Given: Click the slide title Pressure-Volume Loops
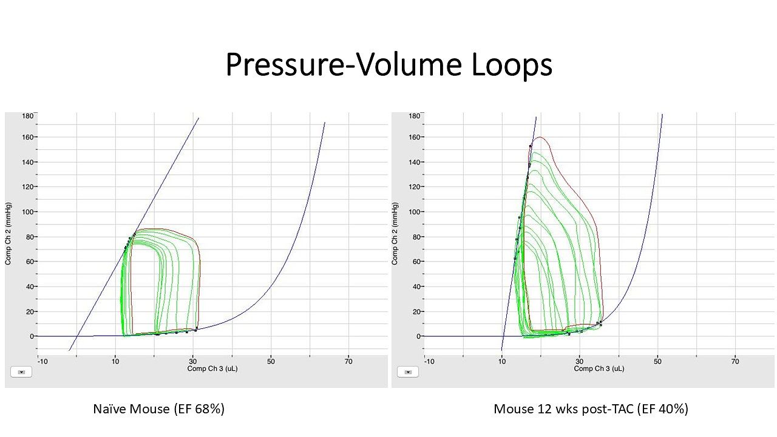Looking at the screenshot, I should coord(388,64).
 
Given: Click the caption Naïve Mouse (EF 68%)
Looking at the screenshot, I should coord(158,409).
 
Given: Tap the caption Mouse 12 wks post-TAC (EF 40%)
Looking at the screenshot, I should coord(591,409).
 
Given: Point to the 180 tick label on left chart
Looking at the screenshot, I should coord(28,115).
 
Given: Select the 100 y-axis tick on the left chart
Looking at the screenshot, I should coord(28,212).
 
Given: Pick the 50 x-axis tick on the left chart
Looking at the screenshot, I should coord(271,361).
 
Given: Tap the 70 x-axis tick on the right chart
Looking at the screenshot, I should coord(735,361).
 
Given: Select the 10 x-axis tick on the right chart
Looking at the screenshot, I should coord(502,361).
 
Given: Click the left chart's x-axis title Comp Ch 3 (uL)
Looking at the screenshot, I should coord(212,368).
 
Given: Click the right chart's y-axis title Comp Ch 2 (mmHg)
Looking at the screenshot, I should coord(395,234).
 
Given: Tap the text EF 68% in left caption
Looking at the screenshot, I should coord(199,409).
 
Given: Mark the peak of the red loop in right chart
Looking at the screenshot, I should coord(540,137).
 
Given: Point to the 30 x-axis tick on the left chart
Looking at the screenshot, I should coord(193,361).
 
